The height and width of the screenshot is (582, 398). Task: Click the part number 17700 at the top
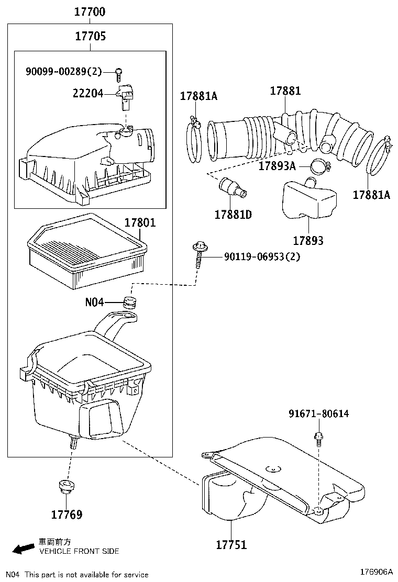pyautogui.click(x=90, y=11)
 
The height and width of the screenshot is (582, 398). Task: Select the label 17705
pyautogui.click(x=90, y=36)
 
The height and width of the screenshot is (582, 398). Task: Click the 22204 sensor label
pyautogui.click(x=87, y=93)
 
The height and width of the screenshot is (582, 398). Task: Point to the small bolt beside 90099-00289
pyautogui.click(x=119, y=73)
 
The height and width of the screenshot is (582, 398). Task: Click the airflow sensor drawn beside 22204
pyautogui.click(x=126, y=95)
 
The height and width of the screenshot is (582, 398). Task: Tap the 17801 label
pyautogui.click(x=140, y=222)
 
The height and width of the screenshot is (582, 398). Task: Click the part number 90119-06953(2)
pyautogui.click(x=262, y=257)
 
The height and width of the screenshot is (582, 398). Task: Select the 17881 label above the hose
pyautogui.click(x=285, y=91)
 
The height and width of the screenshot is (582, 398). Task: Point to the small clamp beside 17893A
pyautogui.click(x=319, y=167)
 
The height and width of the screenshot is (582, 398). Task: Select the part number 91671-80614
pyautogui.click(x=318, y=414)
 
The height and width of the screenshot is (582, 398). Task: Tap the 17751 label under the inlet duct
pyautogui.click(x=231, y=545)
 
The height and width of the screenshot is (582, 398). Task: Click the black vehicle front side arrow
pyautogui.click(x=23, y=549)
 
